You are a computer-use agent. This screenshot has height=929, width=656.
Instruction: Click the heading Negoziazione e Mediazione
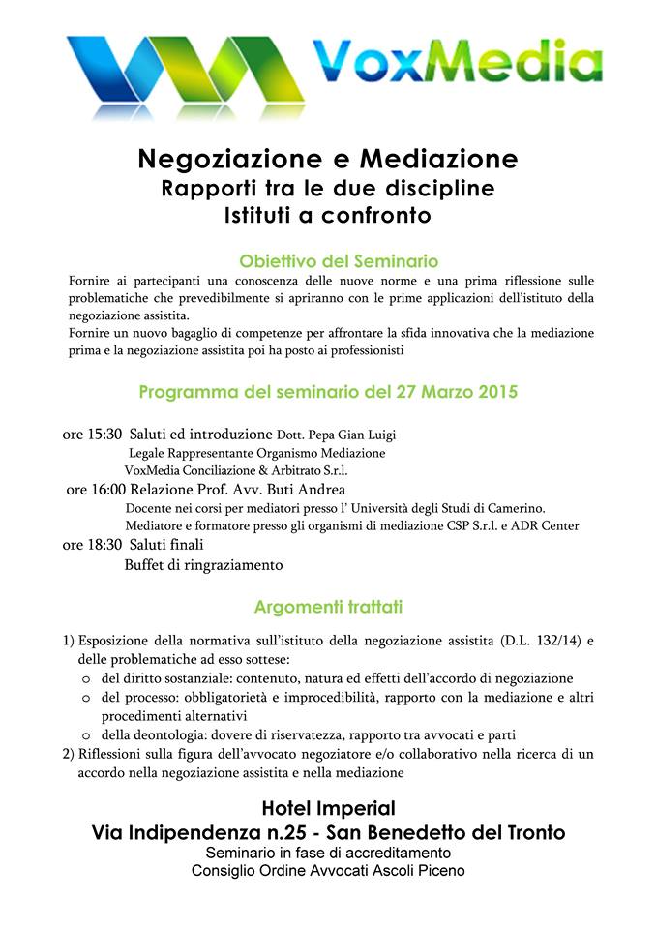coord(327,157)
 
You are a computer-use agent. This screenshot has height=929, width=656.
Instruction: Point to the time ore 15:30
coord(92,435)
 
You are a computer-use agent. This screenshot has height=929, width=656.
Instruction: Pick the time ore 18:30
coord(92,545)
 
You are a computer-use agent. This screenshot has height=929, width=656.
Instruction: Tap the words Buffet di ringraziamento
coord(203,564)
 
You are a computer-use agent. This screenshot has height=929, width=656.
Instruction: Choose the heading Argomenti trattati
coord(328,607)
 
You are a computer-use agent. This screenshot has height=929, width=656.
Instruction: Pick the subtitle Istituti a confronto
coord(327,214)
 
